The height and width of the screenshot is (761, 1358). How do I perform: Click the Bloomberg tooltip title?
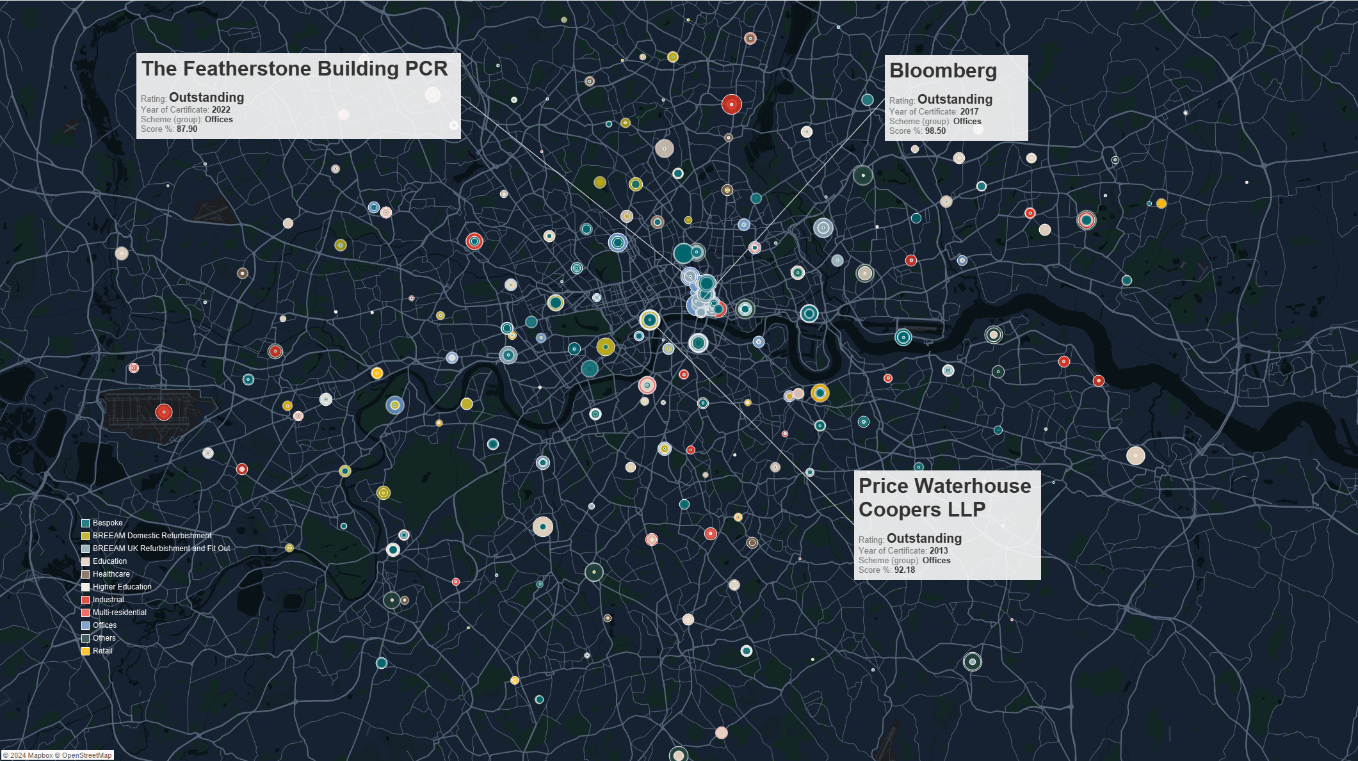[942, 71]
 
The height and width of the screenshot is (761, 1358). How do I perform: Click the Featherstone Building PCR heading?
[295, 69]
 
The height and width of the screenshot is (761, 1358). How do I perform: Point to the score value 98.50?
[935, 131]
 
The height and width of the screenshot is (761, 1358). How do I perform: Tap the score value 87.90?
[187, 129]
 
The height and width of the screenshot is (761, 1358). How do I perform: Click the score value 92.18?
[904, 570]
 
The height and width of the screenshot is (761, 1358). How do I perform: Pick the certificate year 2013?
[939, 551]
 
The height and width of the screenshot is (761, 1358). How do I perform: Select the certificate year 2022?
[221, 110]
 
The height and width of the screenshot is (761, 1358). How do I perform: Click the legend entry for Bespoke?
[107, 524]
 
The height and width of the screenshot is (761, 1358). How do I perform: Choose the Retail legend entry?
[102, 652]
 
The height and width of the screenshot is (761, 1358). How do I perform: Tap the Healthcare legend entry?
[111, 575]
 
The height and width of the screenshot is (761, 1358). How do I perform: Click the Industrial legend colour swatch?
[85, 600]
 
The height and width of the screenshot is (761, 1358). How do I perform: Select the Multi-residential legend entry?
[119, 613]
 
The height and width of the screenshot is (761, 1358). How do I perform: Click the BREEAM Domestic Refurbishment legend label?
[152, 536]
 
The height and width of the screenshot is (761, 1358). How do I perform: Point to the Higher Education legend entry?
[122, 588]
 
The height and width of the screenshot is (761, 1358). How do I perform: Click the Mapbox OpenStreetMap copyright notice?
[58, 756]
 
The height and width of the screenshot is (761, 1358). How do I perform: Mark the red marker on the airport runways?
[164, 412]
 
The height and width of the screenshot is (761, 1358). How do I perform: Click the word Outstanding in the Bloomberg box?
[955, 100]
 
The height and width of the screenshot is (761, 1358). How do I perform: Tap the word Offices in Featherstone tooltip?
[218, 120]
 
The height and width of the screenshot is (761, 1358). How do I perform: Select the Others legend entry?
[104, 639]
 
